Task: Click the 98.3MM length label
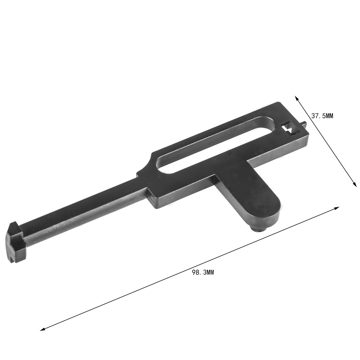click(x=203, y=273)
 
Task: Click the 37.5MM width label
click(x=323, y=116)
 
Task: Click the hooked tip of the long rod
click(x=16, y=241)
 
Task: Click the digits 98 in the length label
click(x=196, y=273)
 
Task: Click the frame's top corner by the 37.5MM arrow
click(x=279, y=103)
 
